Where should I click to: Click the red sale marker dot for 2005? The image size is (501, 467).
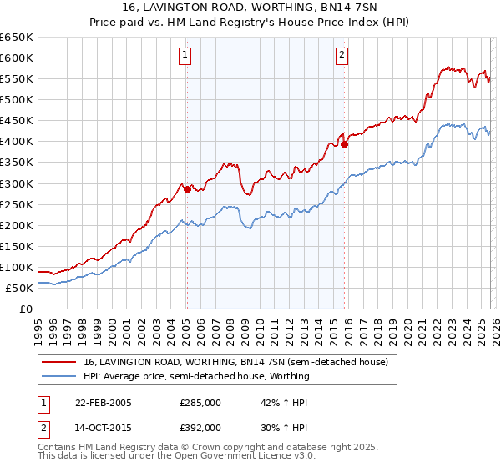(187, 189)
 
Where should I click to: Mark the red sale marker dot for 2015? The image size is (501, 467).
(344, 144)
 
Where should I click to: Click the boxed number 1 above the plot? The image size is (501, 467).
(185, 56)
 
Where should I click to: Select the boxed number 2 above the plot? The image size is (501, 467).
(342, 56)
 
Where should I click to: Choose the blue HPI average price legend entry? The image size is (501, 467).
(196, 376)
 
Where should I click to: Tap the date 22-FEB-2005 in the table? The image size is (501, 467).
(104, 403)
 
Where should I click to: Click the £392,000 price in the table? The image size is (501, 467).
(200, 427)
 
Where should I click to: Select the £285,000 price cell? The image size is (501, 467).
(200, 403)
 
